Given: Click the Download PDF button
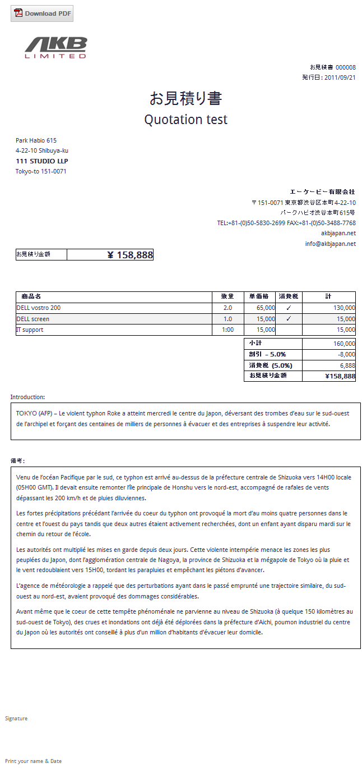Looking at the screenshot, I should click(42, 13).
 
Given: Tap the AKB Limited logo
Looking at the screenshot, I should click(56, 48).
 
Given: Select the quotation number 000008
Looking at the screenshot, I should click(346, 67).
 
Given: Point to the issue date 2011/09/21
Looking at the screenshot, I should click(340, 77).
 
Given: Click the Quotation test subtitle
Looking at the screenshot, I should click(185, 120).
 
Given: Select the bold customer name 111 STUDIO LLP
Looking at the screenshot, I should click(42, 161).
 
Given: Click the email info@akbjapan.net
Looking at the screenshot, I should click(330, 244).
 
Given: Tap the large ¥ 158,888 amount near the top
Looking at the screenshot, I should click(130, 255).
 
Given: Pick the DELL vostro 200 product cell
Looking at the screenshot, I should click(39, 308).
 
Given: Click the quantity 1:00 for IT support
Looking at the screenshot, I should click(228, 330).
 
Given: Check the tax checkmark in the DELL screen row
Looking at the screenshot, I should click(289, 318).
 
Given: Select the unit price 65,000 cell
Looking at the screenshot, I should click(266, 308).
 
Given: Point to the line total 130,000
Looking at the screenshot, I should click(344, 308).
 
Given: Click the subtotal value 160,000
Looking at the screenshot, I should click(344, 344).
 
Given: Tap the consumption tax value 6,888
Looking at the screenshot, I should click(347, 365).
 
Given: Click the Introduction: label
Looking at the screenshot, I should click(27, 397).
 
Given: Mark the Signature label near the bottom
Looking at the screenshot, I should click(16, 718).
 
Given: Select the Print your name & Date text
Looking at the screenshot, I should click(33, 761).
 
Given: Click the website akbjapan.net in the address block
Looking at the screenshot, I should click(338, 233).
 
